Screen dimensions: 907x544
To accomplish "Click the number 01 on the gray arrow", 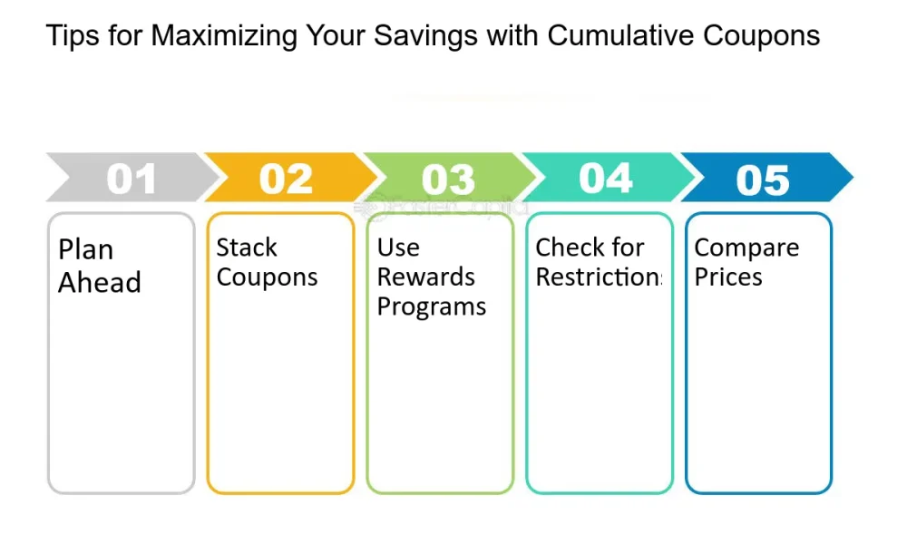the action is tap(132, 178).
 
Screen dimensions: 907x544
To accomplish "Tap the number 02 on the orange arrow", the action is tap(287, 178).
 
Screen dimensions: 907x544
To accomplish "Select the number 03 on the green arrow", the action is tap(448, 180).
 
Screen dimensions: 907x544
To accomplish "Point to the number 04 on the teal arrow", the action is tap(606, 178).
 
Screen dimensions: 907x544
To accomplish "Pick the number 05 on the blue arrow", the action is tap(763, 180).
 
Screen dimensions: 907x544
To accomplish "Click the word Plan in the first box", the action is tap(85, 250).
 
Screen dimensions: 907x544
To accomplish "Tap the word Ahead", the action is tap(100, 282).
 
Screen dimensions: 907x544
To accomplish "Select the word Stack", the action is tap(247, 248).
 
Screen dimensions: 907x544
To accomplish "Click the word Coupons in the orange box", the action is tap(267, 277).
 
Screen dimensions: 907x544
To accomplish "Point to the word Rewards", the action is tap(425, 277).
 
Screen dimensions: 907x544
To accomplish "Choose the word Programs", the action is tap(432, 307).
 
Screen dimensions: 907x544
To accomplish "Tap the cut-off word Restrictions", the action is tap(600, 277).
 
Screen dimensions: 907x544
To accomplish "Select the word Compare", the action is tap(746, 248).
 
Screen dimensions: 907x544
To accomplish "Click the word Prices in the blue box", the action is tap(728, 277).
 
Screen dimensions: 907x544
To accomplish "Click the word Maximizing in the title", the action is tap(224, 36).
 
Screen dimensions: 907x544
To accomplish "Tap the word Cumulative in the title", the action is tap(620, 35).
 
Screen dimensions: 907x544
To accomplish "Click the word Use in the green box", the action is tap(398, 248).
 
